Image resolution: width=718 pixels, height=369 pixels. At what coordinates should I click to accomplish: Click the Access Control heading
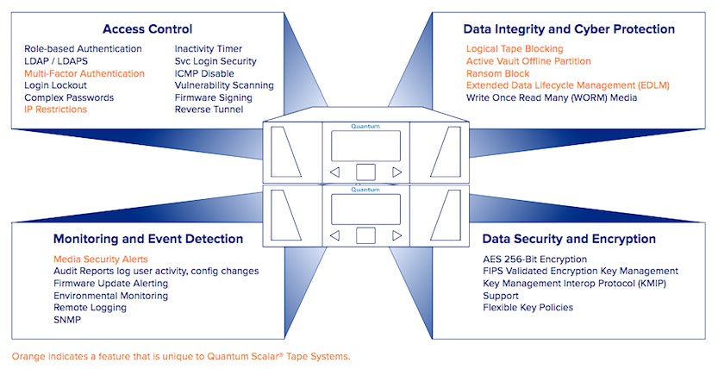pos(147,29)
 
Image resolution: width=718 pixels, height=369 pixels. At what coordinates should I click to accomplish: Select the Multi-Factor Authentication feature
pos(84,73)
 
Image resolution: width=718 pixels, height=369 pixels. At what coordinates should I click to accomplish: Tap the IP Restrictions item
pos(55,109)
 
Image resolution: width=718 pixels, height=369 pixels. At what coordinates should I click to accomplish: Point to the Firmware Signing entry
pos(214,97)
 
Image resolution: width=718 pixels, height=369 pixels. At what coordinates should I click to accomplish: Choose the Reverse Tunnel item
pos(209,109)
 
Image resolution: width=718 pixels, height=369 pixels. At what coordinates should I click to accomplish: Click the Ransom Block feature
pos(497,73)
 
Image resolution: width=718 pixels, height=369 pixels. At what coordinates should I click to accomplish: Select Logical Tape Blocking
pos(515,49)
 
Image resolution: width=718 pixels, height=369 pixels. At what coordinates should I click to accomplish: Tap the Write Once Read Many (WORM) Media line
pos(552,97)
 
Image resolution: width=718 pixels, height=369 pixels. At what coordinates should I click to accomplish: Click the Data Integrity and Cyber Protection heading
pos(569,29)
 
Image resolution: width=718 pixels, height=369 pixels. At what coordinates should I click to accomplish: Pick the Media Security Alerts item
pos(101,260)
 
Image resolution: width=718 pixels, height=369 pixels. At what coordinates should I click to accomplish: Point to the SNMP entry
pos(67,320)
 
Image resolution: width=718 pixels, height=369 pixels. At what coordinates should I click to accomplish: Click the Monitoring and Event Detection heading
pos(148,239)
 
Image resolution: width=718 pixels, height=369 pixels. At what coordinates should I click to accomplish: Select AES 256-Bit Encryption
pos(534,260)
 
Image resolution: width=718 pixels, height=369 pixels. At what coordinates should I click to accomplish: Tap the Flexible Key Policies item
pos(528,308)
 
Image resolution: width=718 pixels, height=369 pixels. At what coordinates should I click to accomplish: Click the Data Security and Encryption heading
pos(569,239)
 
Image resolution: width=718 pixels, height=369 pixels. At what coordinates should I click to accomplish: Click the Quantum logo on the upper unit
pos(365,127)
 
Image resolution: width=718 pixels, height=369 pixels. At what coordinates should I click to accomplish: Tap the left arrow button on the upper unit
pos(334,172)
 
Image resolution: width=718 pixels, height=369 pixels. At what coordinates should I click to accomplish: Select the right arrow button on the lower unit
pos(397,235)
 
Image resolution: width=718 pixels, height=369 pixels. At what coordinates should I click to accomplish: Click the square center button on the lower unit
pos(365,235)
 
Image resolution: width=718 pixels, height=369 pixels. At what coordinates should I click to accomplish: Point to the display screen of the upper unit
pos(365,146)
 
